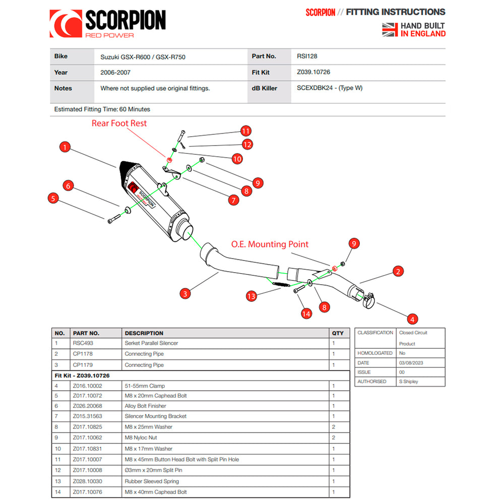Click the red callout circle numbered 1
pos(65,147)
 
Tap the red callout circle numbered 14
pos(306,313)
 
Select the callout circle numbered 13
pos(251,296)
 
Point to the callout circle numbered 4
pos(412,319)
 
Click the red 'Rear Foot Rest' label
pos(119,123)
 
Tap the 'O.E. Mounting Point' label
pos(270,244)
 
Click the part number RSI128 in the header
pos(307,57)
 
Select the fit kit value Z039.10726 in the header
pos(313,73)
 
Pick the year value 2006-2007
pos(114,73)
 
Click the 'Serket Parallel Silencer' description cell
pos(151,343)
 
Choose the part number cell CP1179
pos(83,365)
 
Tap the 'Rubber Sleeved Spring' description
pos(152,481)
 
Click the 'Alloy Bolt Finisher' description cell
pos(145,406)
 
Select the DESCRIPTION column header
pos(144,333)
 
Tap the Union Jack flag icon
pos(390,30)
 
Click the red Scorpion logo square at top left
pos(66,24)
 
